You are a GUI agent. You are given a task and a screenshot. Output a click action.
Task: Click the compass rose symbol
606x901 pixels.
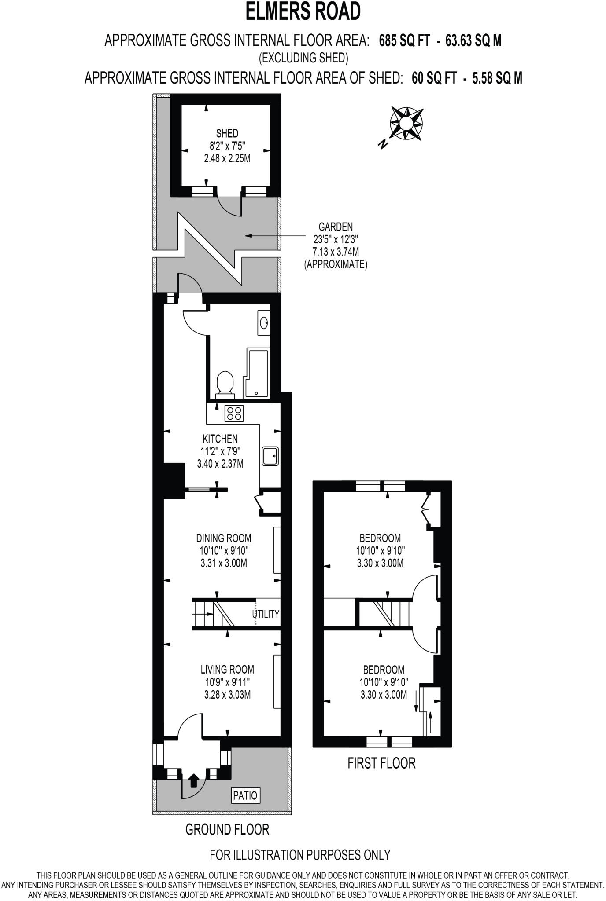(406, 123)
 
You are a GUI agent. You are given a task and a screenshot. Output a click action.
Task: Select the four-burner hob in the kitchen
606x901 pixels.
(234, 413)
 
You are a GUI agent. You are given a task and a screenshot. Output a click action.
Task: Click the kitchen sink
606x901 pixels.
(270, 456)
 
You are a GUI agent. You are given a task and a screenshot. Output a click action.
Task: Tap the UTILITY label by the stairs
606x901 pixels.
(266, 614)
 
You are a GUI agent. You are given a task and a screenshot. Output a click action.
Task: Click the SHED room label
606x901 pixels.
(227, 133)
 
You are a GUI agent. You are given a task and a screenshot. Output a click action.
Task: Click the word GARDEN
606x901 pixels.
(336, 227)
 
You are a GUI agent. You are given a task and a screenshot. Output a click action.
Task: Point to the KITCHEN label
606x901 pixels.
(220, 439)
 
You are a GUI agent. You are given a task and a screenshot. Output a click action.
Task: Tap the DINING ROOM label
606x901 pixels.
(224, 538)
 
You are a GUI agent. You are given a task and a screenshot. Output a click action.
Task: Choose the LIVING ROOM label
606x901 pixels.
(227, 669)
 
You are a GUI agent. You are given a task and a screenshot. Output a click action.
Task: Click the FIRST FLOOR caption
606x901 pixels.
(381, 762)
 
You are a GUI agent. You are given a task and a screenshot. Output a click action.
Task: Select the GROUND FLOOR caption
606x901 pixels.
(227, 829)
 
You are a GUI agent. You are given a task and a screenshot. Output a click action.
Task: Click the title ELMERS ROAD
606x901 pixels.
(303, 12)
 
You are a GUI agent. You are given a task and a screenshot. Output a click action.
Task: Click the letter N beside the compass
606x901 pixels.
(384, 143)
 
